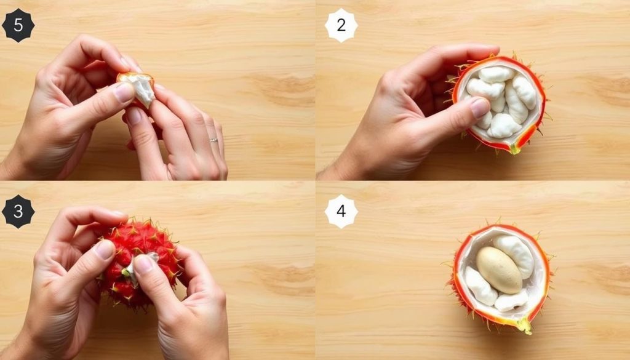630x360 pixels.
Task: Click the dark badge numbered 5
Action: pos(18,25)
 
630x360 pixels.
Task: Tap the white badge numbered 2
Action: pos(341,25)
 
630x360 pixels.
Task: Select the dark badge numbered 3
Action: pos(18,211)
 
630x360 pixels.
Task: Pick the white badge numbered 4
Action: pos(341,211)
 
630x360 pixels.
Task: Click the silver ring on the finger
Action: pos(213,140)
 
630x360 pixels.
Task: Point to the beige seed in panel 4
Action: pos(498,270)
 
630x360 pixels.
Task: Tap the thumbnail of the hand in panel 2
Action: pos(480,108)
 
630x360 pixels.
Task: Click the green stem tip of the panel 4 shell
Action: pos(525,326)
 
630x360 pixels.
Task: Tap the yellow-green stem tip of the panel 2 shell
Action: pos(514,150)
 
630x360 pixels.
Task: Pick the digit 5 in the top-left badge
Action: pos(18,25)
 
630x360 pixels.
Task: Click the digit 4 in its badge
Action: pos(341,211)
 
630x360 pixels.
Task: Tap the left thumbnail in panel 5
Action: pos(124,92)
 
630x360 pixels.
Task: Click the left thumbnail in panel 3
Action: pos(105,249)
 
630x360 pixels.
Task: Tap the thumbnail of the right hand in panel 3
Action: pos(143,265)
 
